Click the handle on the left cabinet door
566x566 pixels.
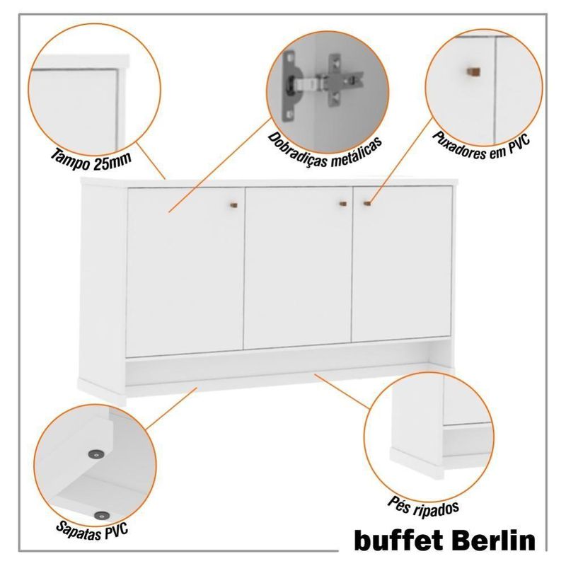click(x=234, y=205)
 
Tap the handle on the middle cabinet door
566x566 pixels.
click(x=343, y=204)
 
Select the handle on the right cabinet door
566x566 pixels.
click(x=367, y=204)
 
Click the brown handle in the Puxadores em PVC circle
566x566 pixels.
click(x=473, y=71)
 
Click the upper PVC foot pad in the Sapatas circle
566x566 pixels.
click(x=96, y=454)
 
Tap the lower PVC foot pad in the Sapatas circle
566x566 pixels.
click(x=102, y=516)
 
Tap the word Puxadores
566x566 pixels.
click(x=458, y=146)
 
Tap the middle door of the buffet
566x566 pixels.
click(x=298, y=268)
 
